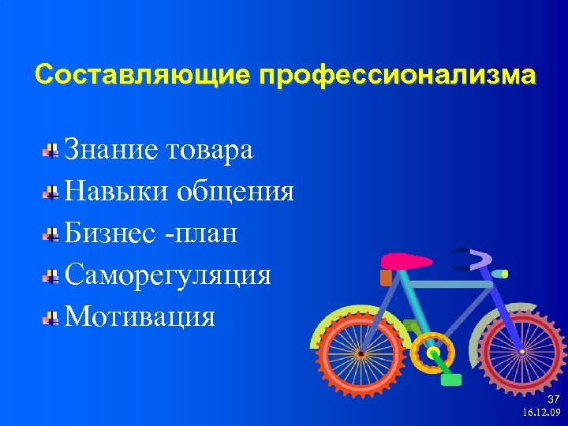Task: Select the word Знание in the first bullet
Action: coord(114,149)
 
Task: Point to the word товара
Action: coord(211,149)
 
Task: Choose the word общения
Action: coord(236,192)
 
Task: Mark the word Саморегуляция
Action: coord(168,275)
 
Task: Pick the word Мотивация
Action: coord(140,317)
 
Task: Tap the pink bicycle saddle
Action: coord(406,262)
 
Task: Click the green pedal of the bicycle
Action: coord(450,379)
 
